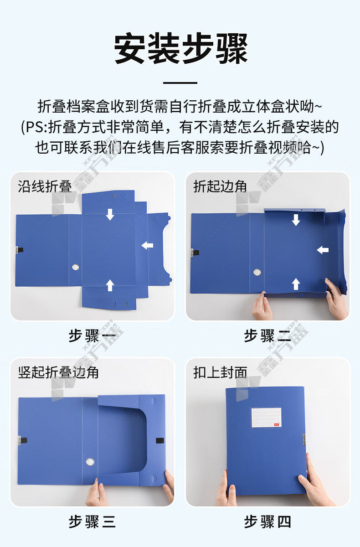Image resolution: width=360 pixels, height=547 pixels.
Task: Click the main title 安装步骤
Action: coord(181,49)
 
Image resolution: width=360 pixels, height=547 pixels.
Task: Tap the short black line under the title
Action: coord(180,83)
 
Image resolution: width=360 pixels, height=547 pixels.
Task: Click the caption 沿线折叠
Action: coord(45,187)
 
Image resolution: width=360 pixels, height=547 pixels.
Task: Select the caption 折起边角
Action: coord(220,187)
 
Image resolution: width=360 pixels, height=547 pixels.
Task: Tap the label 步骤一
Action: coord(92,336)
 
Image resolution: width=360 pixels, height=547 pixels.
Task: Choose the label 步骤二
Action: coord(267,336)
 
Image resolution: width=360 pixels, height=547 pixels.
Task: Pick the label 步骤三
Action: coord(92,522)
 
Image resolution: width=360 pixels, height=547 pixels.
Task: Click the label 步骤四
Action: coord(267,522)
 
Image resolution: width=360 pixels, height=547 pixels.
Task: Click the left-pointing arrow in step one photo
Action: coord(147,245)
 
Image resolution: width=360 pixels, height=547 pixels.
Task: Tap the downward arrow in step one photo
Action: coord(110,214)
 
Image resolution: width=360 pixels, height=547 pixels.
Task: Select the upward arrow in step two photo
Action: coord(296,284)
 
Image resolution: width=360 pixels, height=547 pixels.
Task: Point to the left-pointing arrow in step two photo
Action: coord(323,250)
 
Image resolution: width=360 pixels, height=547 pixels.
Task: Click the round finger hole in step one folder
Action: coord(75,267)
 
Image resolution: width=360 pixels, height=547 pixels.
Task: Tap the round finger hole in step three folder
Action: coord(90,462)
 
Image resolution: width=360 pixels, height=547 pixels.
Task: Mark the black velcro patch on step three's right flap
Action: coord(160,441)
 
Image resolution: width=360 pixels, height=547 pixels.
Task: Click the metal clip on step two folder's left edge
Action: coord(192,253)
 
